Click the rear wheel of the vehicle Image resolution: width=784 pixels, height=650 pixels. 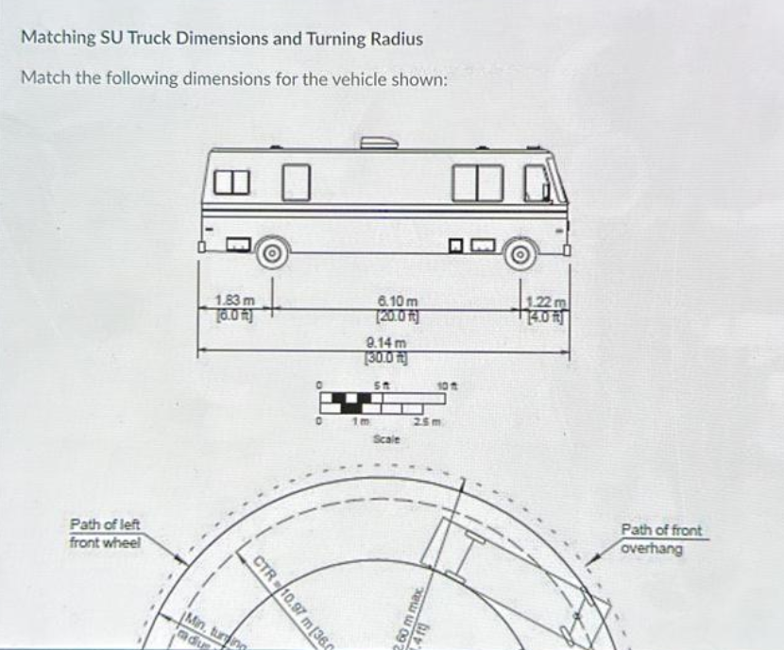click(x=272, y=252)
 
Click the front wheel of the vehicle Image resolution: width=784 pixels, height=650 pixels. click(x=519, y=253)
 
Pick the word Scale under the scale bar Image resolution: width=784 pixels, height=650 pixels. click(x=384, y=439)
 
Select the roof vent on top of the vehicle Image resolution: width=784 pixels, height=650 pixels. click(x=378, y=142)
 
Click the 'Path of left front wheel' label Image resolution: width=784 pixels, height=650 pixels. click(x=105, y=535)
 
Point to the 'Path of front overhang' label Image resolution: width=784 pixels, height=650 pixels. click(x=661, y=539)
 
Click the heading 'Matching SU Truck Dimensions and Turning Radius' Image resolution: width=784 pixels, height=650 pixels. click(x=222, y=39)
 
